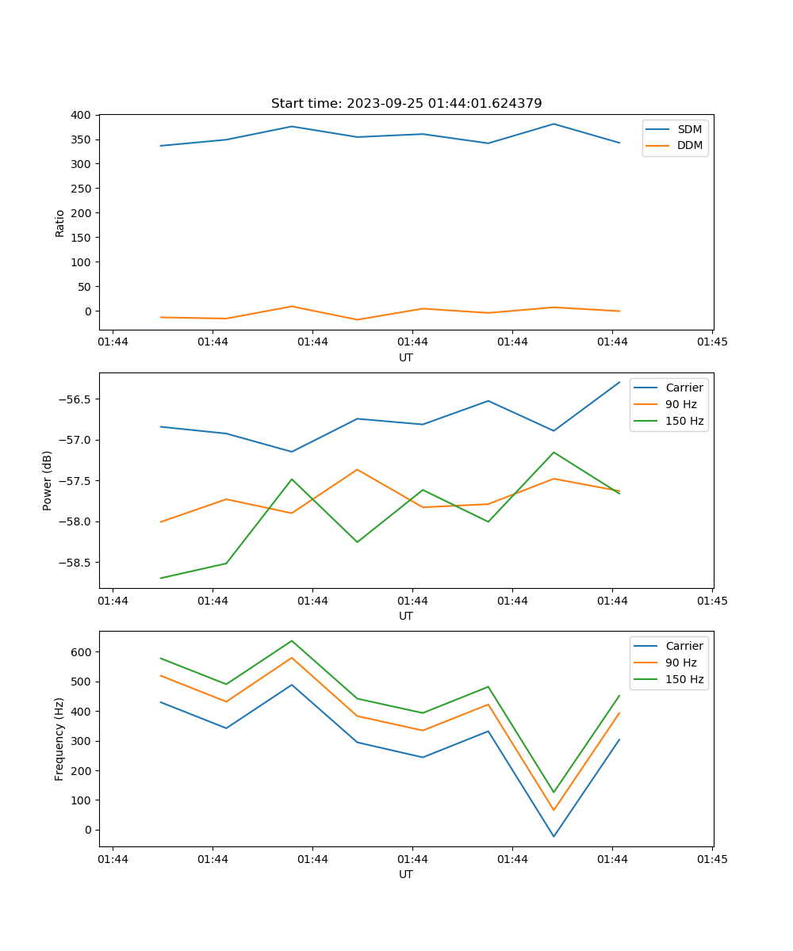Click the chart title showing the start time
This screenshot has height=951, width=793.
click(x=406, y=104)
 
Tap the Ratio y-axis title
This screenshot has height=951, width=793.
click(x=60, y=223)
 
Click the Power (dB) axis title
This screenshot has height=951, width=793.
click(x=48, y=480)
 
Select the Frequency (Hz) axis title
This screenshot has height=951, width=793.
click(x=59, y=739)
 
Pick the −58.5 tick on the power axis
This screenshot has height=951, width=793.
click(x=74, y=563)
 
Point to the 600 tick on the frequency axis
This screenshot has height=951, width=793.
click(x=82, y=652)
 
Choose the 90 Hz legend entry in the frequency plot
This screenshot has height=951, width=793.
click(x=681, y=663)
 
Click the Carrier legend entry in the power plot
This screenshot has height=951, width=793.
click(x=684, y=388)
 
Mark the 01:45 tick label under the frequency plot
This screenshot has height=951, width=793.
click(x=712, y=858)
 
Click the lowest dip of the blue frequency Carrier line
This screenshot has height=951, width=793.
click(x=554, y=836)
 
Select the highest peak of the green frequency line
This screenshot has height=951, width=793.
click(x=292, y=640)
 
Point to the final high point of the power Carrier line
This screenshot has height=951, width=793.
click(x=619, y=382)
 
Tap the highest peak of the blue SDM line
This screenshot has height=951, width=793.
click(x=554, y=124)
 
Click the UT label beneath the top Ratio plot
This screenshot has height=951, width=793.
click(x=406, y=357)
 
